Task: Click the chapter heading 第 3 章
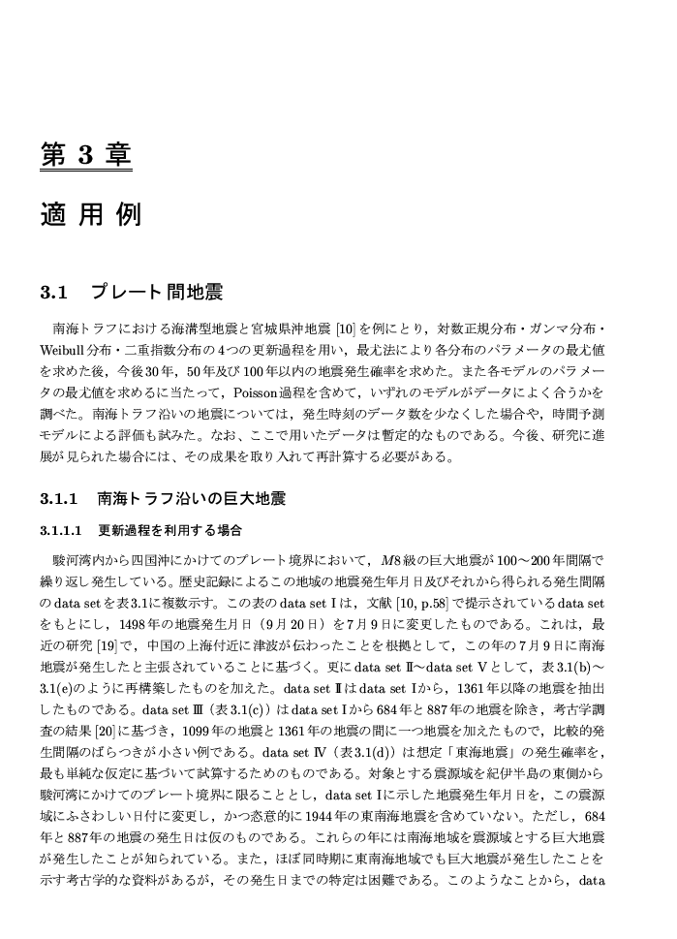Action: [x=85, y=154]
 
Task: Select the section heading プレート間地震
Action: [x=157, y=292]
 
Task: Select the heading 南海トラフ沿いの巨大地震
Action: [x=192, y=500]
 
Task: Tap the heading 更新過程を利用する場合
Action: [x=169, y=532]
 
